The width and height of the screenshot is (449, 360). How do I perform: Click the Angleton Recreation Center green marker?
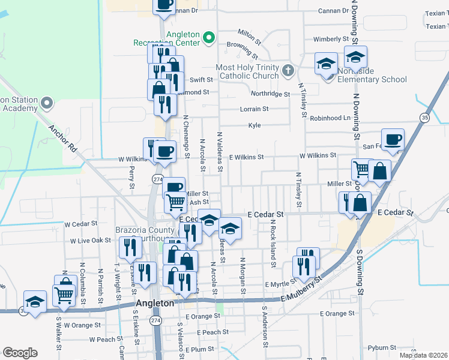[209, 38]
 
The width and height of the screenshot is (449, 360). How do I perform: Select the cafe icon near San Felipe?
[393, 140]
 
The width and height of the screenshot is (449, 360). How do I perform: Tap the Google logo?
[20, 353]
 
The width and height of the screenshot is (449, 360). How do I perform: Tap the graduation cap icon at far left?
[35, 301]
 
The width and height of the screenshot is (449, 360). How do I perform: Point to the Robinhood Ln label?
[330, 118]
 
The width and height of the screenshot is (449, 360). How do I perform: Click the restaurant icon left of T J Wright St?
[130, 248]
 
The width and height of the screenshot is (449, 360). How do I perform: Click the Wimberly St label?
[331, 39]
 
